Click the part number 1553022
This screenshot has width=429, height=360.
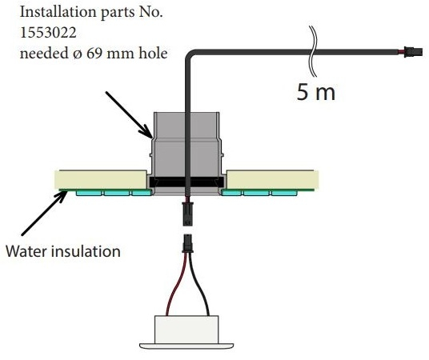click(48, 33)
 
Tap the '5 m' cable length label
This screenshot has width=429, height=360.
click(316, 92)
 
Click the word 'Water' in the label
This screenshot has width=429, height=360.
click(29, 251)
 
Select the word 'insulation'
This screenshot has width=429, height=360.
click(87, 251)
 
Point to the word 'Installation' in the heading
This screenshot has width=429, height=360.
click(58, 12)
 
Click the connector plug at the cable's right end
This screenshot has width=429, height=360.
click(414, 51)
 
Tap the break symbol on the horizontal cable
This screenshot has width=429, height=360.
click(314, 51)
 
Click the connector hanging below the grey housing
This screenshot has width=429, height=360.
click(187, 214)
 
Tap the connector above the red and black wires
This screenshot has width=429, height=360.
click(187, 243)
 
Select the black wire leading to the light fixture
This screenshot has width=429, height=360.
click(201, 286)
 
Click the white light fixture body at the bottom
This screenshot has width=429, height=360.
click(186, 331)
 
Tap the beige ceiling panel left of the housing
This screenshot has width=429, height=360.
click(100, 179)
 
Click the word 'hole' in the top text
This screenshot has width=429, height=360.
click(153, 53)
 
